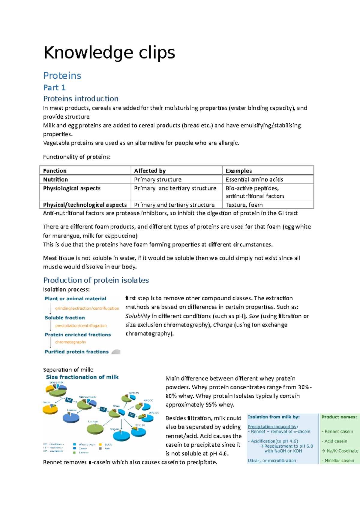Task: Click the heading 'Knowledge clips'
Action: [x=109, y=53]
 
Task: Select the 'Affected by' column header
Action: [x=150, y=171]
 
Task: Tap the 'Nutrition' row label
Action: [x=55, y=179]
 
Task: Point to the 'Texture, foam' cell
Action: [x=244, y=205]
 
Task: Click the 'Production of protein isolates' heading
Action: [x=96, y=280]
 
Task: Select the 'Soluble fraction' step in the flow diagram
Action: [x=64, y=317]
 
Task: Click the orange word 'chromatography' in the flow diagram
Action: [x=70, y=342]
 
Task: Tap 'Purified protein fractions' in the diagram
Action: [x=76, y=351]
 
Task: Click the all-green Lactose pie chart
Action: [x=95, y=429]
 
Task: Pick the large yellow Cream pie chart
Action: [x=50, y=409]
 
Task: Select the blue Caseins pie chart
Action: [x=71, y=417]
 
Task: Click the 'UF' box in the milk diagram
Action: [x=103, y=409]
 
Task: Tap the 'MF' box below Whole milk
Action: [x=69, y=400]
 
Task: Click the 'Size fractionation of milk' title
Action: [x=82, y=377]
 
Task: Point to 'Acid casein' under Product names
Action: [x=336, y=441]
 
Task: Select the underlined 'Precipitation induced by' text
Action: [x=272, y=427]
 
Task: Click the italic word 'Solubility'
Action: [x=138, y=316]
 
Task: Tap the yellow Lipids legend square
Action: [x=100, y=444]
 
